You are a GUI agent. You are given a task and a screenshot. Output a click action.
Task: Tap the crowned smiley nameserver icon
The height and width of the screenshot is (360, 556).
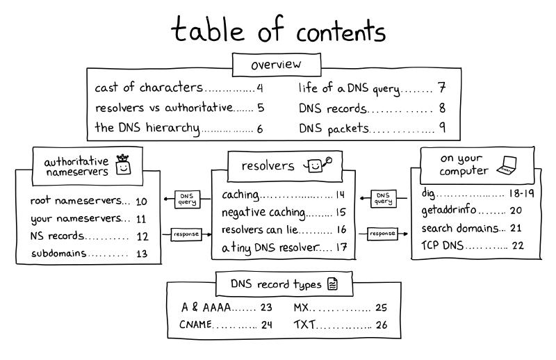click(123, 165)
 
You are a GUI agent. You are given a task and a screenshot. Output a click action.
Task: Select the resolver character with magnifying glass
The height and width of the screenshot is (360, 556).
click(318, 165)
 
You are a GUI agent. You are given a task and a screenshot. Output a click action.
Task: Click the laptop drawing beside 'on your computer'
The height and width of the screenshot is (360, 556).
click(507, 165)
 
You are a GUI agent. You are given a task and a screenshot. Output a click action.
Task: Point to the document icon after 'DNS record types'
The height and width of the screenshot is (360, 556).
click(332, 284)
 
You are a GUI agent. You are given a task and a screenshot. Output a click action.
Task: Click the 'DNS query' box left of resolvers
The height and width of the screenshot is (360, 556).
click(187, 199)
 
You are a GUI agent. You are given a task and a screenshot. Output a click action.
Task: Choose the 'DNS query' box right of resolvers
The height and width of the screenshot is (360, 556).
click(384, 198)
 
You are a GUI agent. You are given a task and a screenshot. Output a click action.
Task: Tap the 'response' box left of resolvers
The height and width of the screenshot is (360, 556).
click(186, 234)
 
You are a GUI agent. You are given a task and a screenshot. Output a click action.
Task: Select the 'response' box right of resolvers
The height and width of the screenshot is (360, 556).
click(382, 234)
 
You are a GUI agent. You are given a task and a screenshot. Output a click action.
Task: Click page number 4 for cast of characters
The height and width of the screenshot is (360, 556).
click(260, 88)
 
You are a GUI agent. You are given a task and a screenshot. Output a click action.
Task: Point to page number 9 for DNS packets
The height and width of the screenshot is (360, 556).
click(442, 127)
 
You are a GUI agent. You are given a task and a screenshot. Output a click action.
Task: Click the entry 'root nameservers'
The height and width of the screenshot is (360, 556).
click(76, 201)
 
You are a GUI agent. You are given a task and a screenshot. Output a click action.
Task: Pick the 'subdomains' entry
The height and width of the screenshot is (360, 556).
click(59, 253)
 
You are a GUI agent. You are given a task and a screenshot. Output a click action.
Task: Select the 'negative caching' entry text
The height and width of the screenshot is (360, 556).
click(263, 212)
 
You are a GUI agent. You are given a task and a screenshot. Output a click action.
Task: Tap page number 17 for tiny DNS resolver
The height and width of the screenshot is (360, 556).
click(341, 247)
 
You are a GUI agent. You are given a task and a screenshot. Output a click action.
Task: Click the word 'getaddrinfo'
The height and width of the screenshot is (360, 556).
click(448, 210)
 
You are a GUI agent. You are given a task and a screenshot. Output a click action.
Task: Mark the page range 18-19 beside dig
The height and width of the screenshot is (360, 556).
click(522, 193)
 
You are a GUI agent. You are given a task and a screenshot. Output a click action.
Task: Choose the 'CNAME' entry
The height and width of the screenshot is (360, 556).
click(196, 324)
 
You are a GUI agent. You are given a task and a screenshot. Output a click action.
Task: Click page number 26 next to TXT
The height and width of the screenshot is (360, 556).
click(382, 325)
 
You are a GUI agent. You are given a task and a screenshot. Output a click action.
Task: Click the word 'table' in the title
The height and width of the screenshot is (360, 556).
click(208, 29)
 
